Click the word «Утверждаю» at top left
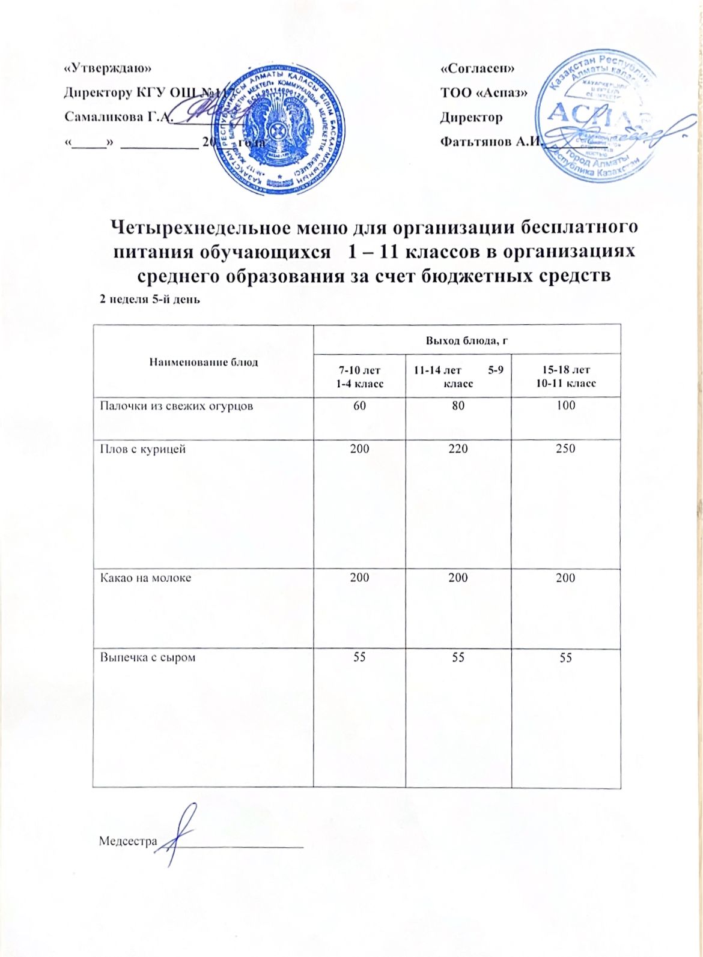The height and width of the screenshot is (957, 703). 108,68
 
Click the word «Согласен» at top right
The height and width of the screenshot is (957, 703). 478,68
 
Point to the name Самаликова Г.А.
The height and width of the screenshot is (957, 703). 118,116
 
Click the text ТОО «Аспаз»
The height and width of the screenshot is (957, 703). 484,92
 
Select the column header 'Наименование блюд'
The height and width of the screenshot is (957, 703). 203,362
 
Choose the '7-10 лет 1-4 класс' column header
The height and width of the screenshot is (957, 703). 359,376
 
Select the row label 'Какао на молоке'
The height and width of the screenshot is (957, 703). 145,578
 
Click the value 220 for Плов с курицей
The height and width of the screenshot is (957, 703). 458,448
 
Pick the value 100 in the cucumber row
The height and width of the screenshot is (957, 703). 566,405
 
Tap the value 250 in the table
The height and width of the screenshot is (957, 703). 566,448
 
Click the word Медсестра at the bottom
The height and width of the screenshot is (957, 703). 127,841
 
